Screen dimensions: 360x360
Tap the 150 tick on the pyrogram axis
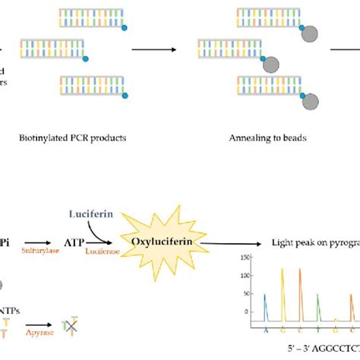click(x=246, y=257)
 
